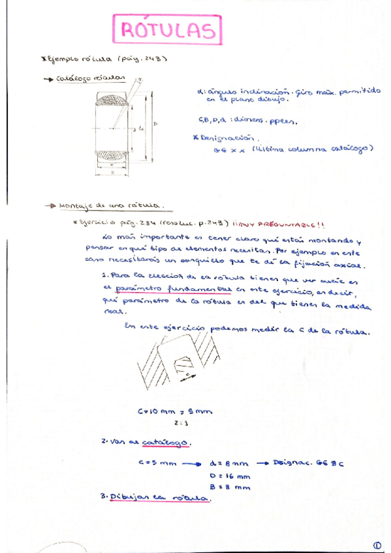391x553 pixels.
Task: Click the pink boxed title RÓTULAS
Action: click(x=166, y=30)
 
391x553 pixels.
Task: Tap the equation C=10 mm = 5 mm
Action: click(x=175, y=411)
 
